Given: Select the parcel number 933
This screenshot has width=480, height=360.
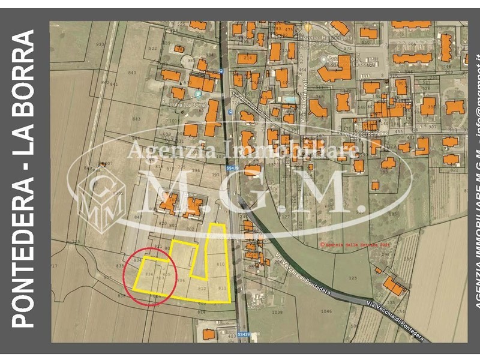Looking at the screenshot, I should [x=100, y=44].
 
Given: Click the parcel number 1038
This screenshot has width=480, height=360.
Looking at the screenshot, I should [x=277, y=312].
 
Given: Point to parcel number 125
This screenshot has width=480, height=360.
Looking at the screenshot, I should [x=352, y=278].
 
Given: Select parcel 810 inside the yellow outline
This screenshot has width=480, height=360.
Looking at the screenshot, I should [x=220, y=264].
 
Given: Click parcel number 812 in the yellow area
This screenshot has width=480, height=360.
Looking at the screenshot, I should [x=202, y=289].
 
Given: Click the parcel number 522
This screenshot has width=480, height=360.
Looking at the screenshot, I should [x=152, y=49].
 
